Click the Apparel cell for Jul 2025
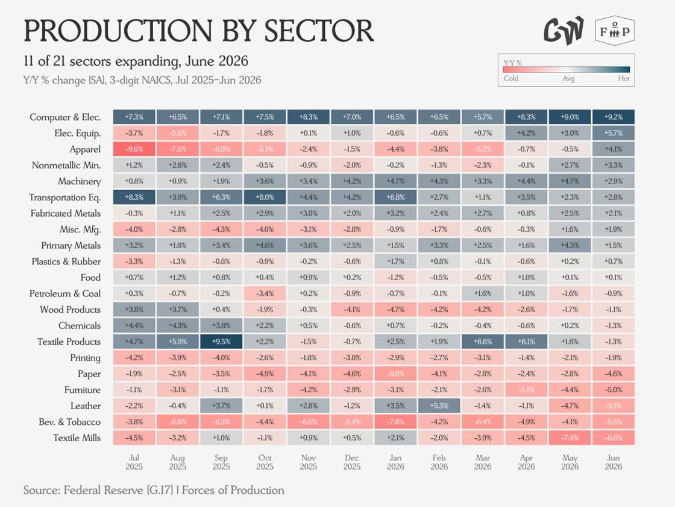coord(134,149)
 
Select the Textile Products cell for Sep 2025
coord(221,342)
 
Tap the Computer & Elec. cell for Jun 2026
coord(614,117)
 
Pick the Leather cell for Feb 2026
coord(439,406)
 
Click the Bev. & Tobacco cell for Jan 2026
coord(395,422)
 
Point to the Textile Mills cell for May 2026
coord(570,438)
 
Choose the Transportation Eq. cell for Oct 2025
coord(265,197)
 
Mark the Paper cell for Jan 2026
coord(395,374)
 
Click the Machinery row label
coord(79,182)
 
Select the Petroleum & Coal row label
coord(65,293)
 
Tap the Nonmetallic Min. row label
coord(66,165)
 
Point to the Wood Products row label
coord(70,310)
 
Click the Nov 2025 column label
coord(308,462)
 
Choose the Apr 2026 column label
coord(526,462)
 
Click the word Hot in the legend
coord(623,78)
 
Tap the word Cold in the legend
coord(511,78)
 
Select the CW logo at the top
coord(564,31)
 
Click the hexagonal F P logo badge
coord(615,31)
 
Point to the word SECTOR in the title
coord(319,31)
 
